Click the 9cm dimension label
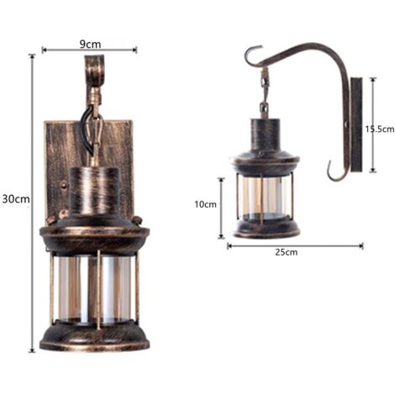pos(90,44)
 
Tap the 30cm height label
pos(16,199)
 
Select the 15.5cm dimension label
pos(379,129)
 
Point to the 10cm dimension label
pos(206,204)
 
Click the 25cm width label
pos(286,252)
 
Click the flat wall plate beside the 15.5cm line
pos(355,124)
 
